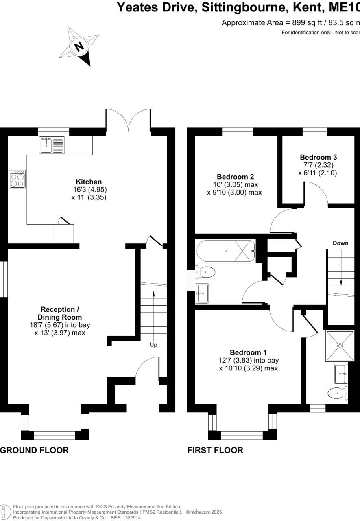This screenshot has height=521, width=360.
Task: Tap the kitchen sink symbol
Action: click(x=52, y=145)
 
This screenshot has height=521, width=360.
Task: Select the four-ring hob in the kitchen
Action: click(x=17, y=179)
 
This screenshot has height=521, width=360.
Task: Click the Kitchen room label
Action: click(x=89, y=182)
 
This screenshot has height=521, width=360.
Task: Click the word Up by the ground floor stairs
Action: click(x=153, y=345)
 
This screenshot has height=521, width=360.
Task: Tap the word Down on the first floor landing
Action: click(x=340, y=243)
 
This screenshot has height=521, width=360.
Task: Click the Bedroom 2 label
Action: click(x=235, y=177)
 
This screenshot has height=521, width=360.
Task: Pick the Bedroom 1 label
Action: click(x=248, y=352)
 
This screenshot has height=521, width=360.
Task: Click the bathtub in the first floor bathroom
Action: click(x=226, y=251)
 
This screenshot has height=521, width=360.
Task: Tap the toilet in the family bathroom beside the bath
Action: click(x=205, y=271)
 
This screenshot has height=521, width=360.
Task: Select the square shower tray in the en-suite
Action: click(x=340, y=346)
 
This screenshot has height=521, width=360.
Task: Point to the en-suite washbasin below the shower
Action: click(x=340, y=374)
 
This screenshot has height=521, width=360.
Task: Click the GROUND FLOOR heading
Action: click(x=35, y=450)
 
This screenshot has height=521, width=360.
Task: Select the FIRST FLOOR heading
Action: click(x=215, y=450)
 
